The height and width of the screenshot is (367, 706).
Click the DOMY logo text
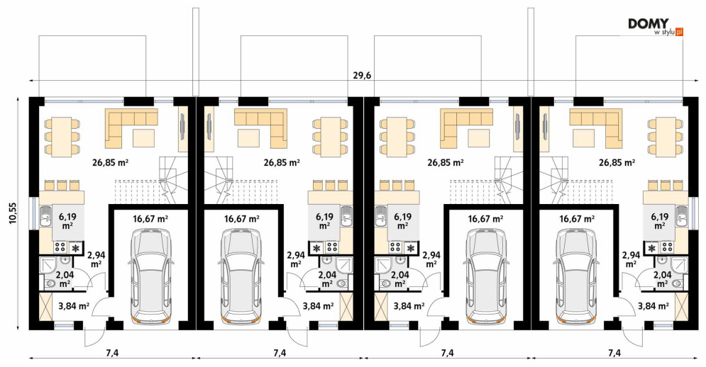point(649,23)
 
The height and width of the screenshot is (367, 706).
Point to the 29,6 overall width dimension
point(362,76)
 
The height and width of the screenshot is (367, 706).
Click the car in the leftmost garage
point(151,275)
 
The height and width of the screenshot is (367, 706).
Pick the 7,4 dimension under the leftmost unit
point(112,353)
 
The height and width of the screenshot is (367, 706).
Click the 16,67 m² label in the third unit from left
point(485,219)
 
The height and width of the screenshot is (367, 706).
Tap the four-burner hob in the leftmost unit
point(61,247)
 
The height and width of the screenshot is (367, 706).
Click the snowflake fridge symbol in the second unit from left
point(317,247)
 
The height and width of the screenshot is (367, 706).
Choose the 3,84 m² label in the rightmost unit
point(653,306)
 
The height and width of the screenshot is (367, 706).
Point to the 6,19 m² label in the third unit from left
point(402,221)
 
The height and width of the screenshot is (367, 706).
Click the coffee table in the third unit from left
point(479,138)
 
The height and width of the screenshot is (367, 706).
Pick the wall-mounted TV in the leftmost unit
point(183,128)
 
